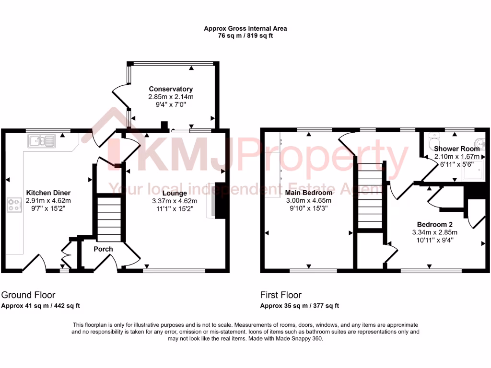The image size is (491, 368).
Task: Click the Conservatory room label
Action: click(171, 89)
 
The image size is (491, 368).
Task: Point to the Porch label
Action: click(103, 249)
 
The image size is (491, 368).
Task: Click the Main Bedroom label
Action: click(309, 193)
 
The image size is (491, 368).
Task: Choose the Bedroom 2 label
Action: click(434, 224)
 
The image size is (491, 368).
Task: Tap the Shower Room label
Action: click(456, 149)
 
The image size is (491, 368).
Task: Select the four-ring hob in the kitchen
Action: click(14, 205)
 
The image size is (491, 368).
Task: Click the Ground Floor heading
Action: click(28, 295)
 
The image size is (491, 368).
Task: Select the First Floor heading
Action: click(281, 295)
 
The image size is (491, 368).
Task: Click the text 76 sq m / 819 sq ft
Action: click(245, 35)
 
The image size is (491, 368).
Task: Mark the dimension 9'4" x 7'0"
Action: click(171, 104)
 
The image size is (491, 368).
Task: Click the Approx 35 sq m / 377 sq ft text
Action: click(300, 306)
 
